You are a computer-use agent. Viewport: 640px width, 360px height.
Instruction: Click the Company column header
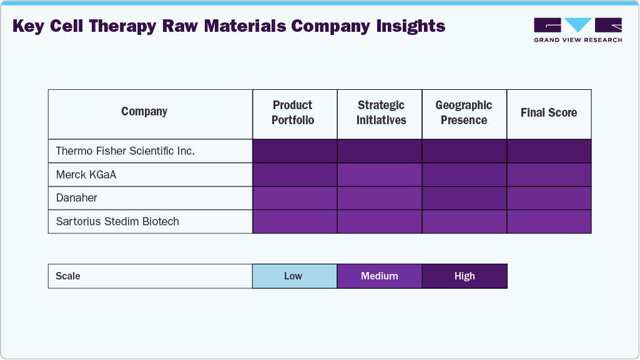tap(144, 112)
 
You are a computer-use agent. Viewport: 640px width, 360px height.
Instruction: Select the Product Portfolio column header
tap(293, 112)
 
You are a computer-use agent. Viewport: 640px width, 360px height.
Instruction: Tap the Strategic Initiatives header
tap(381, 112)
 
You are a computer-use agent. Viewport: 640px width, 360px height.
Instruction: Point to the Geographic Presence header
tap(464, 112)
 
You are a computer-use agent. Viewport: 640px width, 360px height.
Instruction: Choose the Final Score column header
tap(549, 112)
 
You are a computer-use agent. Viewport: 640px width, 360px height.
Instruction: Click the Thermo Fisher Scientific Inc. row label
tap(125, 151)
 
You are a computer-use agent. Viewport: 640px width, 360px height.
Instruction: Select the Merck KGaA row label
tap(86, 175)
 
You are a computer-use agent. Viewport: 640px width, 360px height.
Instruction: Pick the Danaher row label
tap(77, 198)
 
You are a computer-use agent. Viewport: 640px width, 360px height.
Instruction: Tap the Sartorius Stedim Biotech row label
tap(117, 221)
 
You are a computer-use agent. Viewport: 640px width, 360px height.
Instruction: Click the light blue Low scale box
tap(293, 276)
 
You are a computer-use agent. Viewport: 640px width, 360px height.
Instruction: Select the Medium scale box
tap(380, 276)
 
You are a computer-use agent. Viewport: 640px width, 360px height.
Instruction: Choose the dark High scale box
tap(465, 276)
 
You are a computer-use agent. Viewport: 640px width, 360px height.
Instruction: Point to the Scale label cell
tap(68, 276)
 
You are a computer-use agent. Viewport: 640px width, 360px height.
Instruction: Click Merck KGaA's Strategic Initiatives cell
tap(380, 175)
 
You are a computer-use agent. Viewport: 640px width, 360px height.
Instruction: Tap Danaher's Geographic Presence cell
tap(464, 198)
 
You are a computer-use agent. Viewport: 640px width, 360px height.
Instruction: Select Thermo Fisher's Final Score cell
tap(549, 151)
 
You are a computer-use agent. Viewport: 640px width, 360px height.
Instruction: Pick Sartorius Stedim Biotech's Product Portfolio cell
tap(295, 221)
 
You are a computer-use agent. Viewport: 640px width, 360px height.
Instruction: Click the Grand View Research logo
tap(578, 29)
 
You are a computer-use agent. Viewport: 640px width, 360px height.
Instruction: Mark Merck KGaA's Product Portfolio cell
tap(295, 175)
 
